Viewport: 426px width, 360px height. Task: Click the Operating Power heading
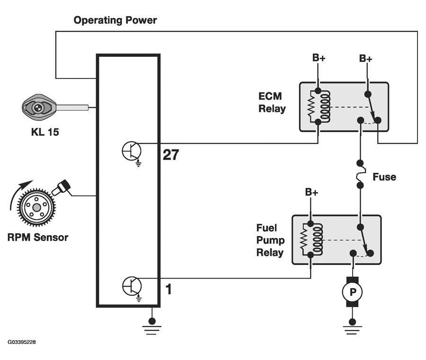(115, 20)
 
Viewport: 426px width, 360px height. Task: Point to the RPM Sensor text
(38, 237)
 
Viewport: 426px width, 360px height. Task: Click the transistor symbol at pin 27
(132, 151)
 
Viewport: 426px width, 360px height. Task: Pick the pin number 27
(171, 155)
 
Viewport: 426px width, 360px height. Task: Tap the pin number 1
(168, 289)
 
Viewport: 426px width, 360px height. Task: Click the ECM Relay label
(272, 103)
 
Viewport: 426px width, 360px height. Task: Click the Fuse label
(384, 177)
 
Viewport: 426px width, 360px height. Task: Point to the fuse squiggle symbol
(360, 175)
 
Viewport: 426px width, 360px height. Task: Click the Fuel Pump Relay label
(270, 240)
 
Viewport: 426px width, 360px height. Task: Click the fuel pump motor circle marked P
(352, 292)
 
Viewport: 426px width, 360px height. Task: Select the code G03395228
(21, 342)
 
